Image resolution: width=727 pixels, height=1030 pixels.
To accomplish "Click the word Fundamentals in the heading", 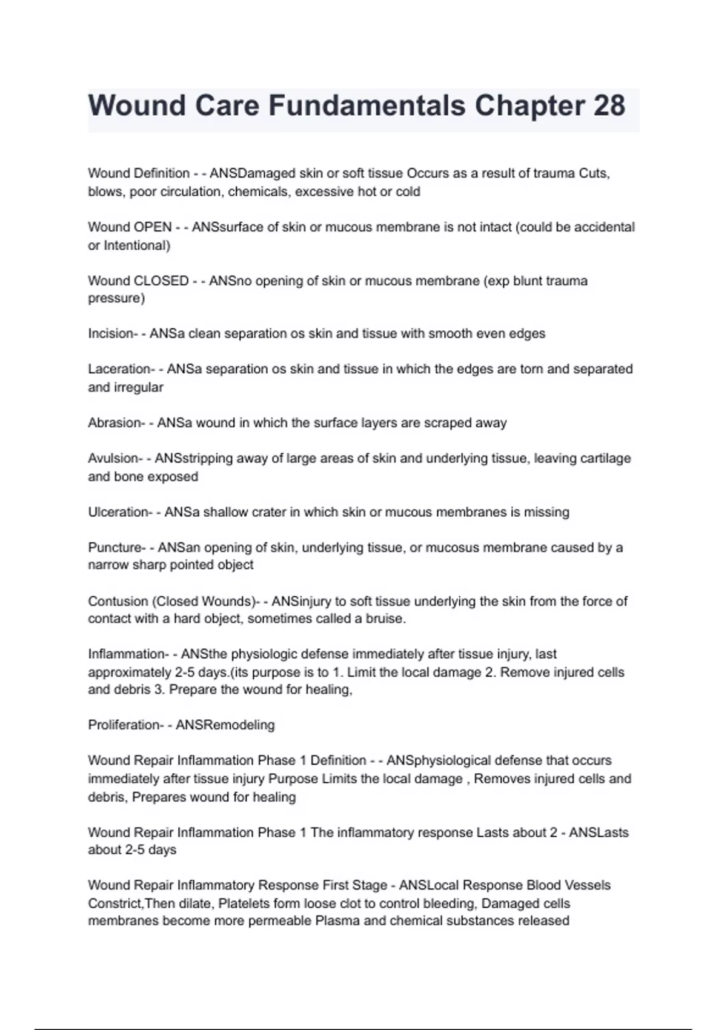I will pyautogui.click(x=367, y=105).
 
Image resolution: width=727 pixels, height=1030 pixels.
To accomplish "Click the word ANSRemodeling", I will pyautogui.click(x=225, y=725).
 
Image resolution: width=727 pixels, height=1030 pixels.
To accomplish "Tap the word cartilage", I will pyautogui.click(x=605, y=459).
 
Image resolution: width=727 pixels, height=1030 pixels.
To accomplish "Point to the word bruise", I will pyautogui.click(x=385, y=619).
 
